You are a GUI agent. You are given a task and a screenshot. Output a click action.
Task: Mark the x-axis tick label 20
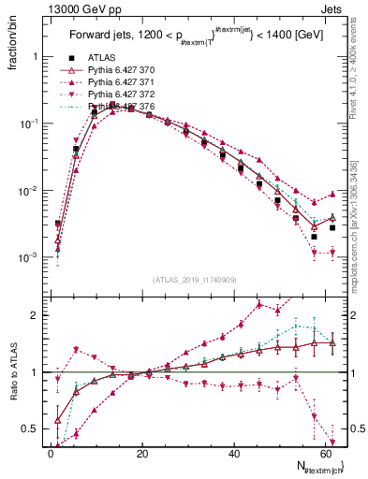(x=141, y=453)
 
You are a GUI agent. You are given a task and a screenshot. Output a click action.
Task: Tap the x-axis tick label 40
(x=233, y=453)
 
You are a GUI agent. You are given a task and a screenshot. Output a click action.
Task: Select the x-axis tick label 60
(x=325, y=453)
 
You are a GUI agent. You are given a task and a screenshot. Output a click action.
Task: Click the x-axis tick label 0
(x=51, y=453)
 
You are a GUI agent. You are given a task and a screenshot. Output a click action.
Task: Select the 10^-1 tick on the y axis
(x=28, y=123)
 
